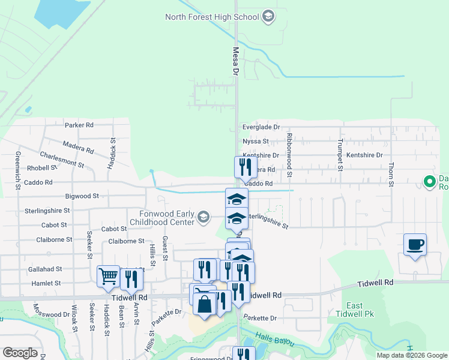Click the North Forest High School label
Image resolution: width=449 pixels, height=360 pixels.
click(213, 17)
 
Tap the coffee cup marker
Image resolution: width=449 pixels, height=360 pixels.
click(415, 244)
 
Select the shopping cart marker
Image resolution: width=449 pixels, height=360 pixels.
click(108, 277)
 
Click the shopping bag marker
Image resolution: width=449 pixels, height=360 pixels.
click(205, 304)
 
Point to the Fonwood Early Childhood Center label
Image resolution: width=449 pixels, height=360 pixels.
click(158, 217)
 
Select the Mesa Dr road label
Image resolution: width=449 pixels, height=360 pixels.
click(235, 61)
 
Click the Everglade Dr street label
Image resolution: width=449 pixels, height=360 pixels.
click(261, 127)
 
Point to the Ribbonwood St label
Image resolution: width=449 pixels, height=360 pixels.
click(289, 155)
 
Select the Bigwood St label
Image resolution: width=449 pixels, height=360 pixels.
click(83, 196)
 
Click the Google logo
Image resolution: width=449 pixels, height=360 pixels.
click(20, 353)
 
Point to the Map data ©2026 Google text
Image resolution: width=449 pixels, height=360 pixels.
click(411, 355)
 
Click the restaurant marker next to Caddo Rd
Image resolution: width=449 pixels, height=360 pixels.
click(245, 167)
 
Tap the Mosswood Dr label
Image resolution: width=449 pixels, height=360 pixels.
click(52, 314)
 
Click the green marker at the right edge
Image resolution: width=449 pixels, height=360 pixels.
click(429, 181)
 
